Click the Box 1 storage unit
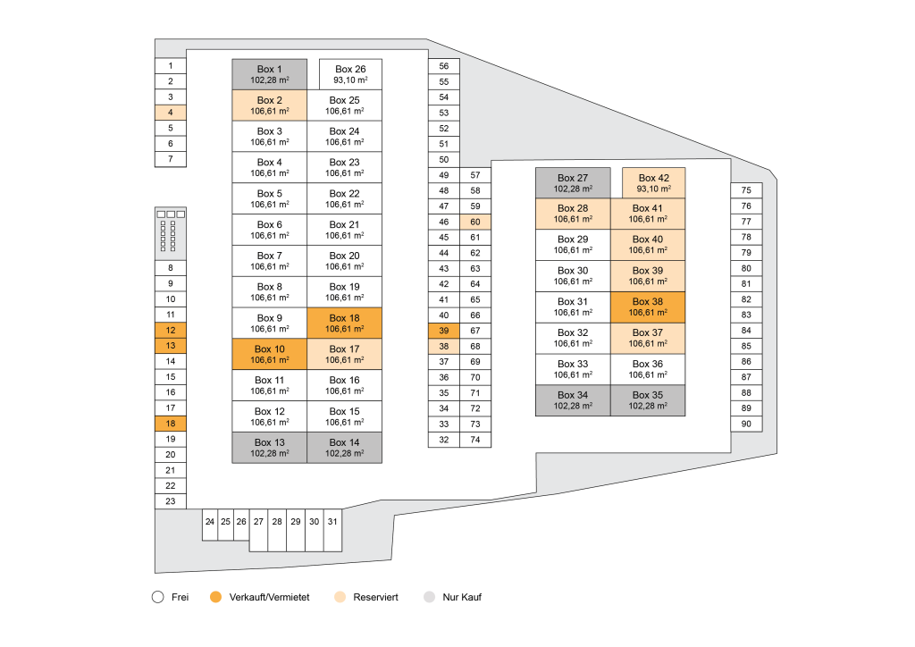pyautogui.click(x=269, y=74)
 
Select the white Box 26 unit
pyautogui.click(x=350, y=74)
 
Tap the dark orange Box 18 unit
pyautogui.click(x=344, y=323)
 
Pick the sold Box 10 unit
pyautogui.click(x=269, y=354)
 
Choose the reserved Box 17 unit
pyautogui.click(x=344, y=354)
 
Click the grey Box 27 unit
pyautogui.click(x=572, y=183)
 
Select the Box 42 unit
pyautogui.click(x=653, y=183)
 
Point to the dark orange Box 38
pyautogui.click(x=648, y=307)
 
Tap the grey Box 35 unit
pyautogui.click(x=648, y=400)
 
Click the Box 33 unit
pyautogui.click(x=572, y=369)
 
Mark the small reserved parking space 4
pyautogui.click(x=170, y=113)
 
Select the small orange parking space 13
pyautogui.click(x=170, y=346)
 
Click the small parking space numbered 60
pyautogui.click(x=475, y=222)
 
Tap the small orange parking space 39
pyautogui.click(x=444, y=331)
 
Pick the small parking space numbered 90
pyautogui.click(x=746, y=424)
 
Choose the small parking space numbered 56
pyautogui.click(x=444, y=66)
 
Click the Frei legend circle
pyautogui.click(x=158, y=597)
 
